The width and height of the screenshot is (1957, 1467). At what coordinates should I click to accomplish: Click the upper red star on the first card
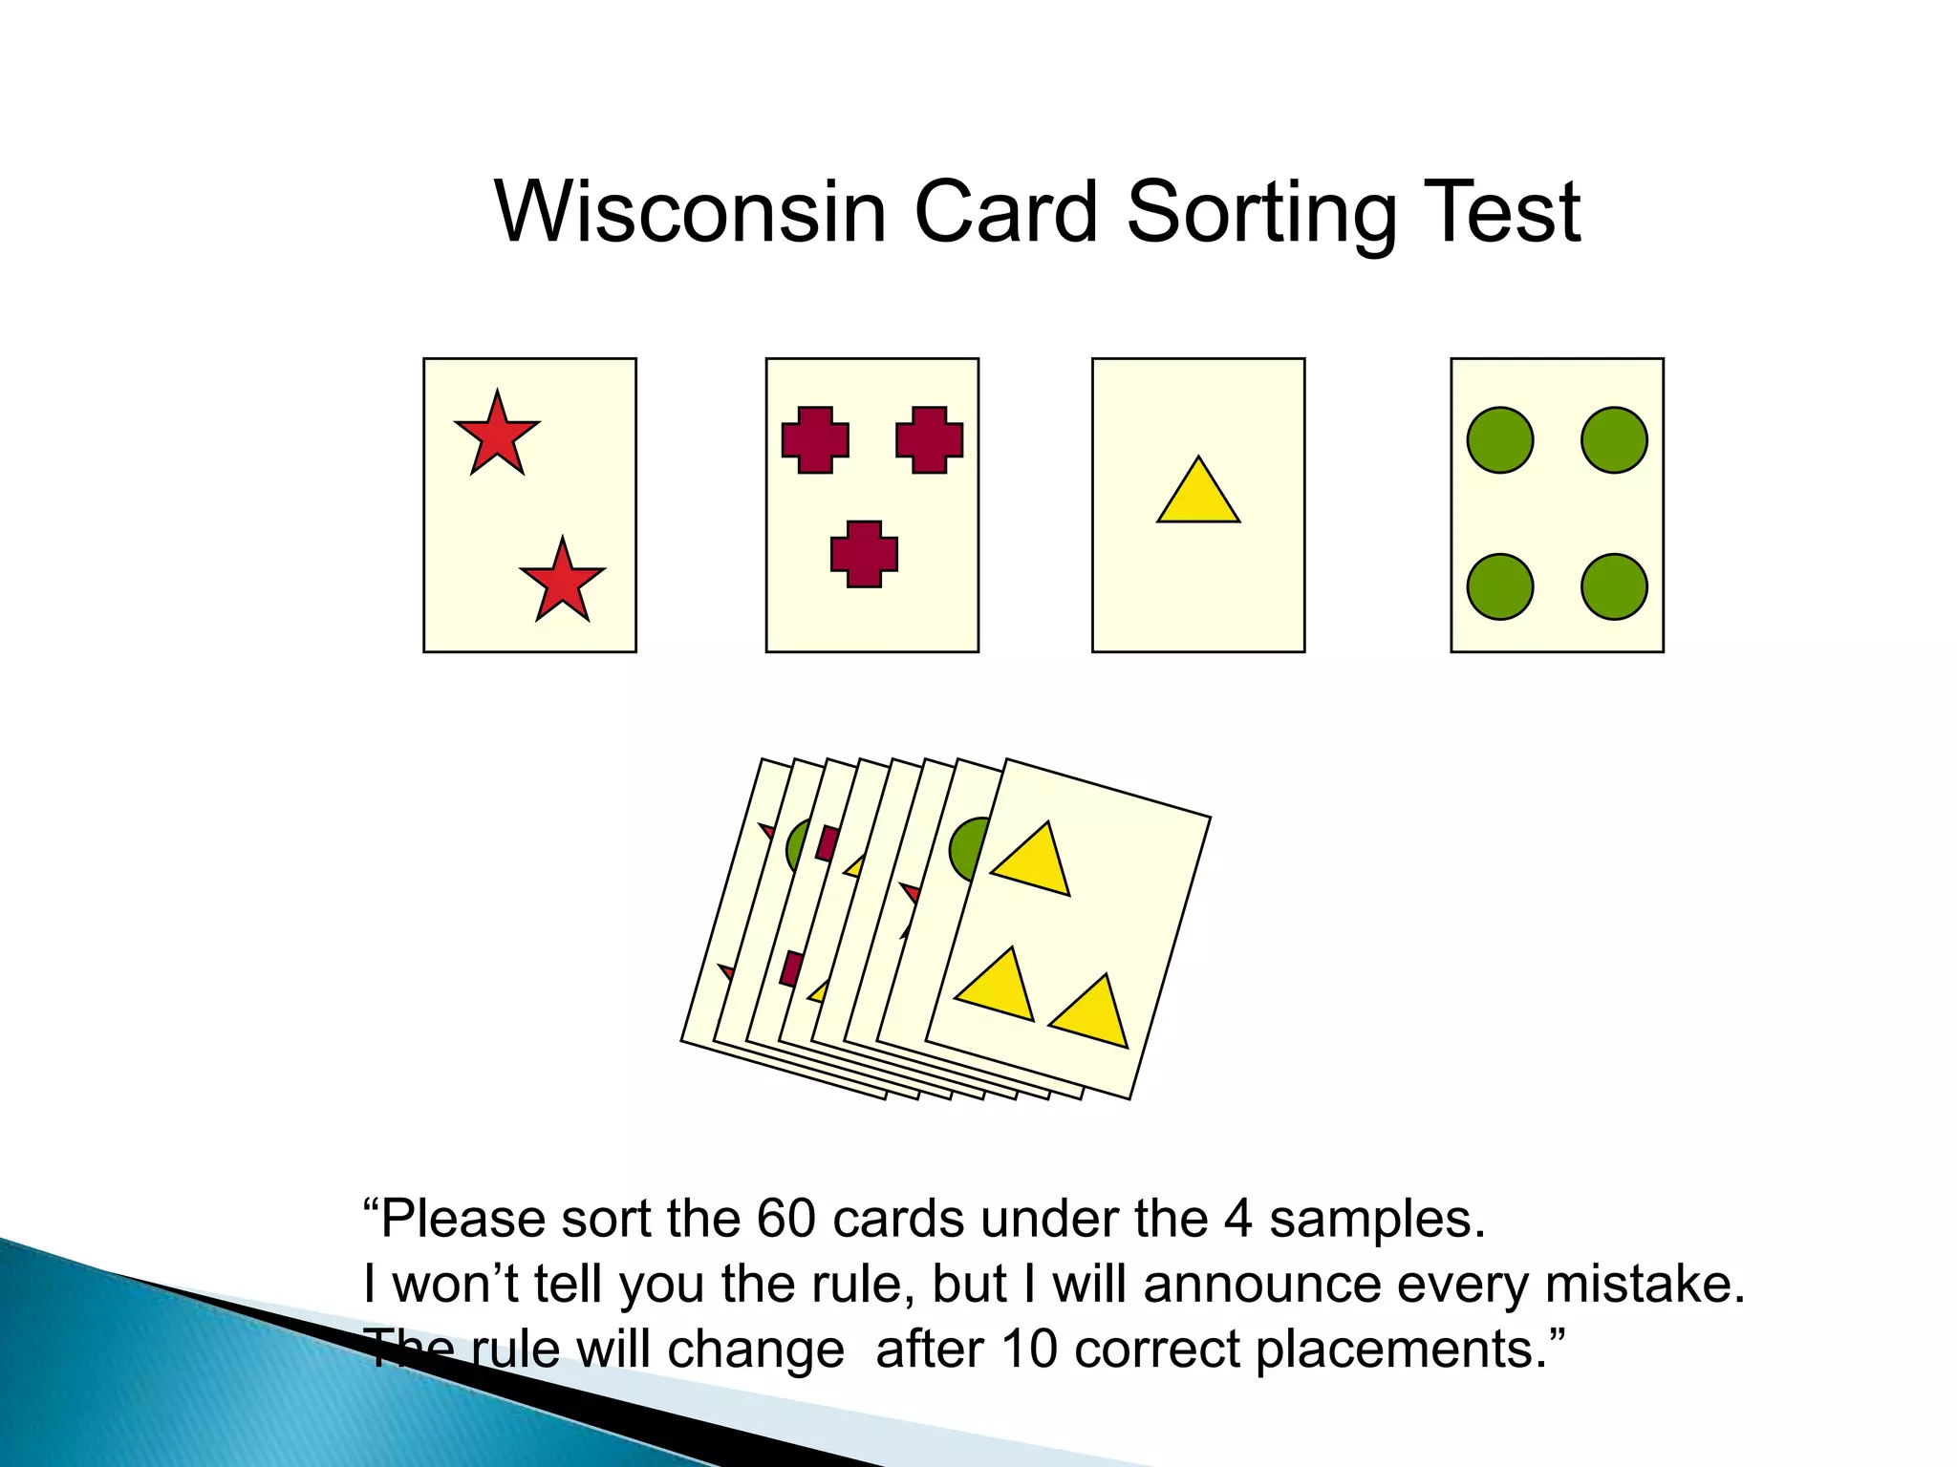[497, 436]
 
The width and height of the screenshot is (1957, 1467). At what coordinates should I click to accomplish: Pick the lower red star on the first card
[562, 582]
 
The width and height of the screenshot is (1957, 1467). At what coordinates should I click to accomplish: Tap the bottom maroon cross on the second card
[864, 554]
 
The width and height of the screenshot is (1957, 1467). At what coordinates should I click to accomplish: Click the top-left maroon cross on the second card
[815, 440]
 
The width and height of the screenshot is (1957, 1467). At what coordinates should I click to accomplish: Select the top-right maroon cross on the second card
[929, 440]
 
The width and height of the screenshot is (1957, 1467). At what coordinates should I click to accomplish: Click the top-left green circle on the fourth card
[1500, 440]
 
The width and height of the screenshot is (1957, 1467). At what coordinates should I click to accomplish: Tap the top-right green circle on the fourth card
[1614, 440]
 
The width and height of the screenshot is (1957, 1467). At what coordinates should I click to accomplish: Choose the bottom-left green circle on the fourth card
[1500, 586]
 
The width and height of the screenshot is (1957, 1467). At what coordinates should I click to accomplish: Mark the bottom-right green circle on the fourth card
[1614, 586]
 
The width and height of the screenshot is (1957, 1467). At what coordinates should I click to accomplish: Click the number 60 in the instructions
[786, 1220]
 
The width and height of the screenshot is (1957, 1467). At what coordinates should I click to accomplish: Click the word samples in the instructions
[1376, 1220]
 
